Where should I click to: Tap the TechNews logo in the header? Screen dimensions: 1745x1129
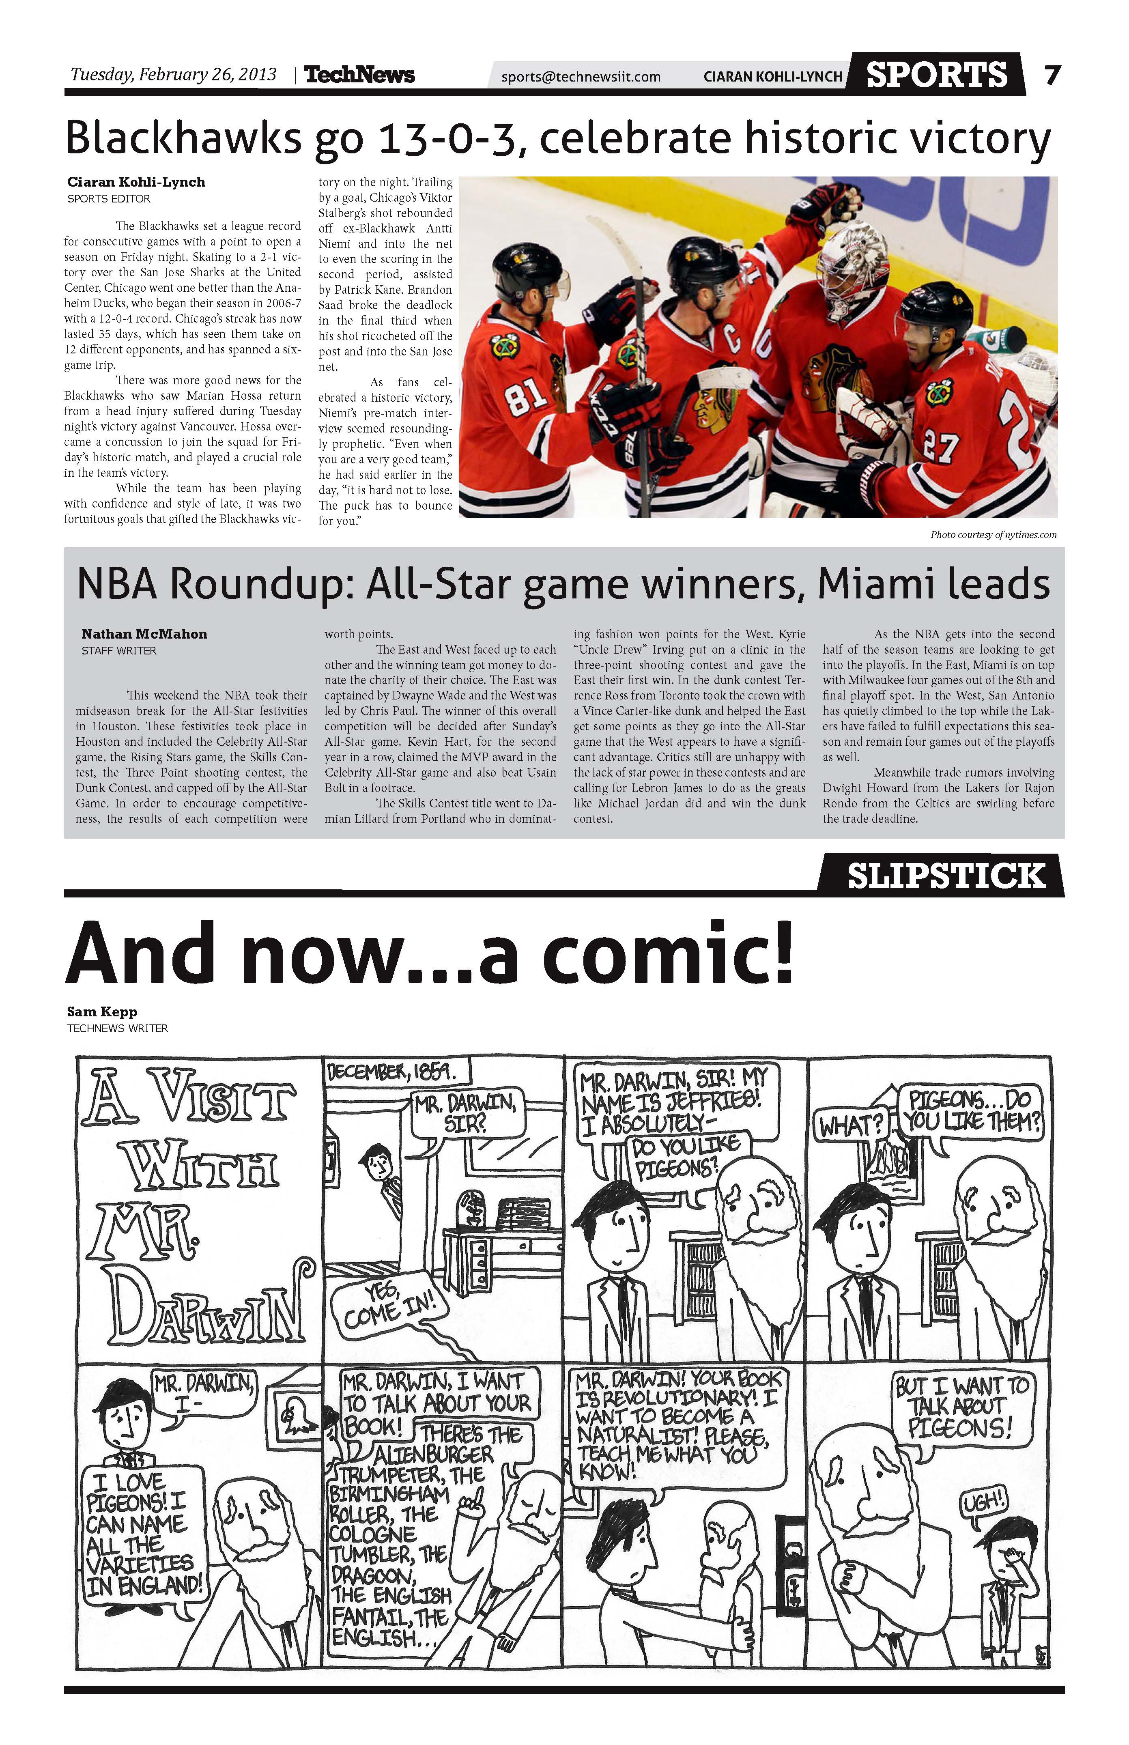pyautogui.click(x=359, y=75)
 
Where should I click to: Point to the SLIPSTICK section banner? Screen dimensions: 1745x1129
pyautogui.click(x=946, y=876)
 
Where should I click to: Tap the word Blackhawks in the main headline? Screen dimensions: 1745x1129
pyautogui.click(x=183, y=139)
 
